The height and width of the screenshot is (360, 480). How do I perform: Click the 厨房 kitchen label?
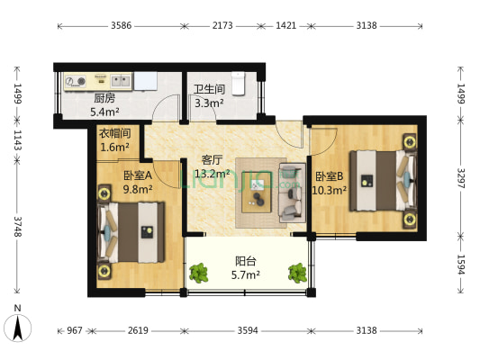(x=104, y=98)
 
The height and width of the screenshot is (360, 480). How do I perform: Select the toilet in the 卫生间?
(x=239, y=83)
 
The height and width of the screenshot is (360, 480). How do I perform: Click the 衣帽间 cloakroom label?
(x=114, y=133)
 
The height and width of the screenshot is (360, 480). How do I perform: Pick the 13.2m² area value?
(x=214, y=174)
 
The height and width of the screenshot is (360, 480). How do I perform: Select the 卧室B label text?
(x=329, y=176)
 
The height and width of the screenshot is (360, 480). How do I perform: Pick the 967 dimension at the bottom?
(x=75, y=330)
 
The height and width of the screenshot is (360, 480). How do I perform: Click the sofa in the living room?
(x=291, y=191)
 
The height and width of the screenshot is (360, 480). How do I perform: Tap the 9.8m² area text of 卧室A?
(x=137, y=189)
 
